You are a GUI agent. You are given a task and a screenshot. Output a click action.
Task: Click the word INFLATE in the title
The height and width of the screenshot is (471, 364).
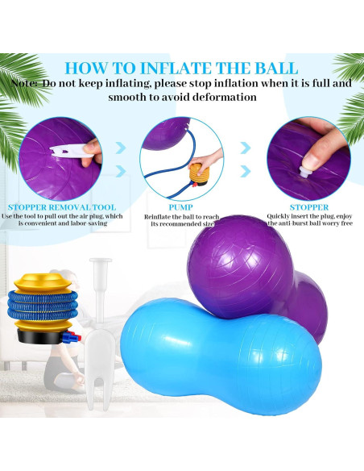[x=170, y=68]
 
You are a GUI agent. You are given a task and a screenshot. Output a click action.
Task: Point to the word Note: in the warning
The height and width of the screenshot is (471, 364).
[x=27, y=83]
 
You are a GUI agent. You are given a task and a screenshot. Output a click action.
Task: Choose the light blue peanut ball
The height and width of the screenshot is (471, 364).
[x=209, y=355]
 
